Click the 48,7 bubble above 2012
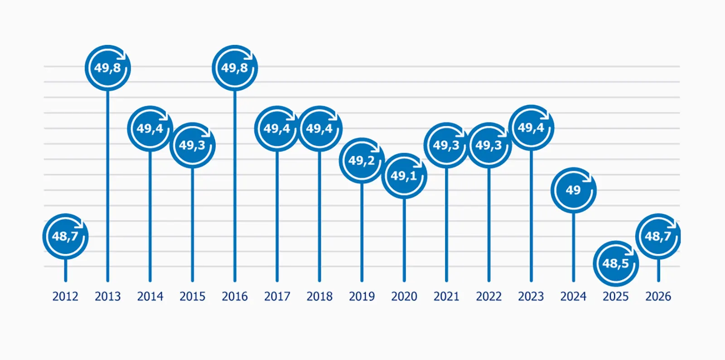pyautogui.click(x=65, y=236)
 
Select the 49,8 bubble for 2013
pyautogui.click(x=108, y=68)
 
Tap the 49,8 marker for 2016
pyautogui.click(x=235, y=68)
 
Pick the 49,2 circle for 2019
pyautogui.click(x=362, y=161)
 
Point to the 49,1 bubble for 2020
pyautogui.click(x=404, y=176)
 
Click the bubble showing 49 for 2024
pyautogui.click(x=573, y=190)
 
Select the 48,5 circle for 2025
pyautogui.click(x=616, y=263)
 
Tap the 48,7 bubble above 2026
pyautogui.click(x=658, y=236)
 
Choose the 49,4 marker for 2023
pyautogui.click(x=531, y=128)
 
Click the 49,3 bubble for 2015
pyautogui.click(x=192, y=145)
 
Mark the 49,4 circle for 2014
pyautogui.click(x=150, y=129)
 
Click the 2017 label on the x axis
pyautogui.click(x=277, y=297)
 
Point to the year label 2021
pyautogui.click(x=446, y=297)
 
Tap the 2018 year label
pyautogui.click(x=319, y=297)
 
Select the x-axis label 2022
pyautogui.click(x=488, y=297)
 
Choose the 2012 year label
pyautogui.click(x=65, y=297)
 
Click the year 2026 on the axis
pyautogui.click(x=658, y=297)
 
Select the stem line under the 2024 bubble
pyautogui.click(x=573, y=247)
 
